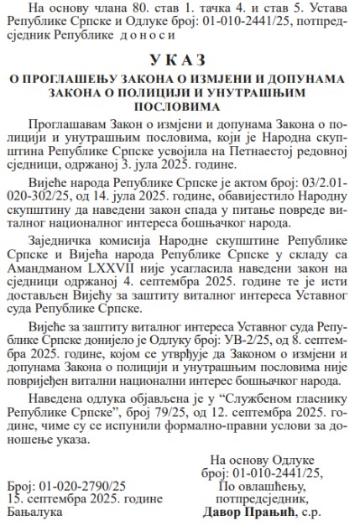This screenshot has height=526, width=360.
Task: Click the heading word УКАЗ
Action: pyautogui.click(x=180, y=60)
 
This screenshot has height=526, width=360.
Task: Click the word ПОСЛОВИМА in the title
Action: pyautogui.click(x=180, y=107)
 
